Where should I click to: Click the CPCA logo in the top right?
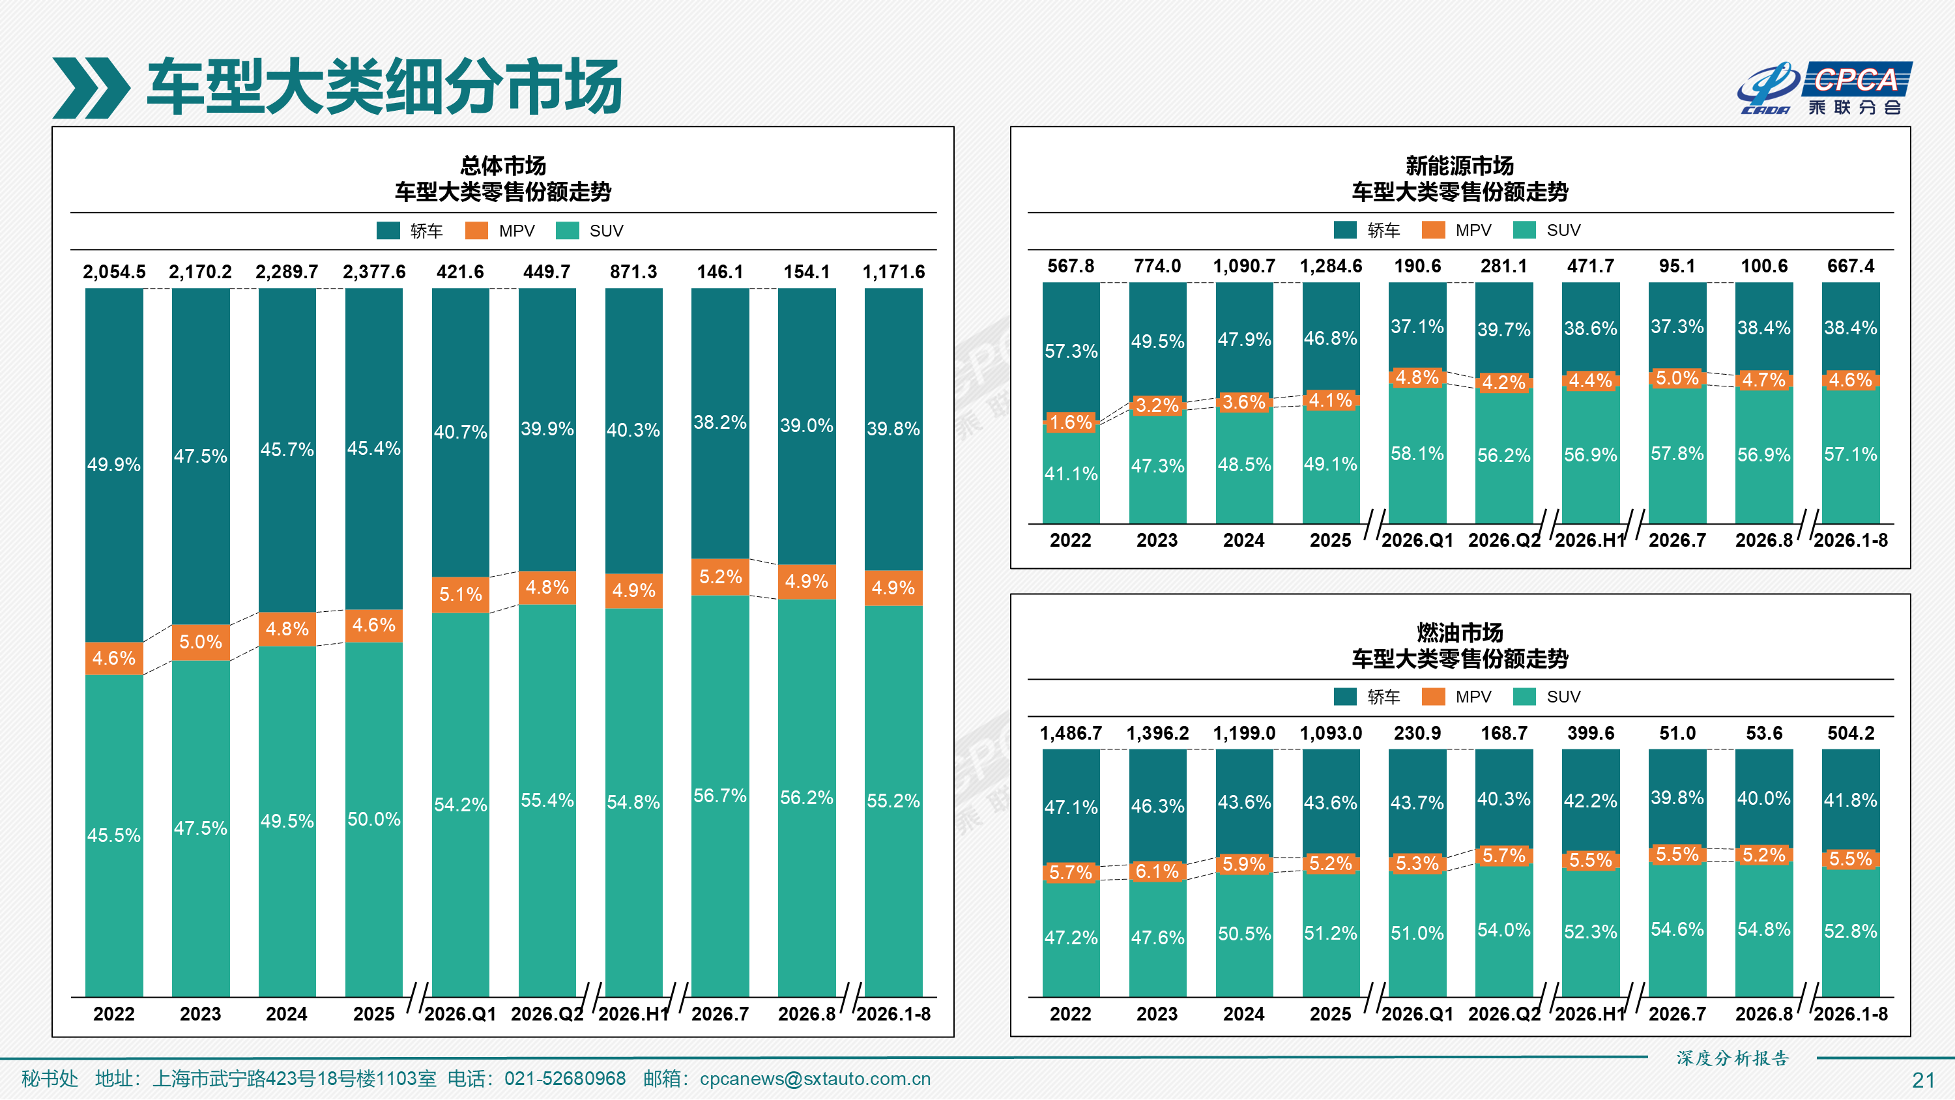1825,88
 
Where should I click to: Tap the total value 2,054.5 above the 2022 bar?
114,272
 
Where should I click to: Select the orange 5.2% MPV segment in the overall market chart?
720,577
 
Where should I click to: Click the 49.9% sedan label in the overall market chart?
114,465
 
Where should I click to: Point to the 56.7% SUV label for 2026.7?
720,796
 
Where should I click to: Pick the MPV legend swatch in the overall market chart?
476,230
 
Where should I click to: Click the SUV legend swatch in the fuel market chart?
1524,696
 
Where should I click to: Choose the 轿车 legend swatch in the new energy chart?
1346,229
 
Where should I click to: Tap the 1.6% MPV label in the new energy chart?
1071,422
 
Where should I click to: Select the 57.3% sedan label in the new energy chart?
1071,351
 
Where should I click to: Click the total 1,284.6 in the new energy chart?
1331,266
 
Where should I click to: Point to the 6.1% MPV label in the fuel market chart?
1157,871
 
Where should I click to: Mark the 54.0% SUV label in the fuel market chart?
1504,930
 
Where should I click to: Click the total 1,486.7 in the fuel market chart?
1071,733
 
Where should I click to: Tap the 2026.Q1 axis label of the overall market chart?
461,1014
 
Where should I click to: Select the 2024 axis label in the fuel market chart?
1244,1014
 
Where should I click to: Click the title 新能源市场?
1460,166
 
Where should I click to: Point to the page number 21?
1924,1080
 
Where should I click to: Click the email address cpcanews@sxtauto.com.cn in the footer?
815,1078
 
